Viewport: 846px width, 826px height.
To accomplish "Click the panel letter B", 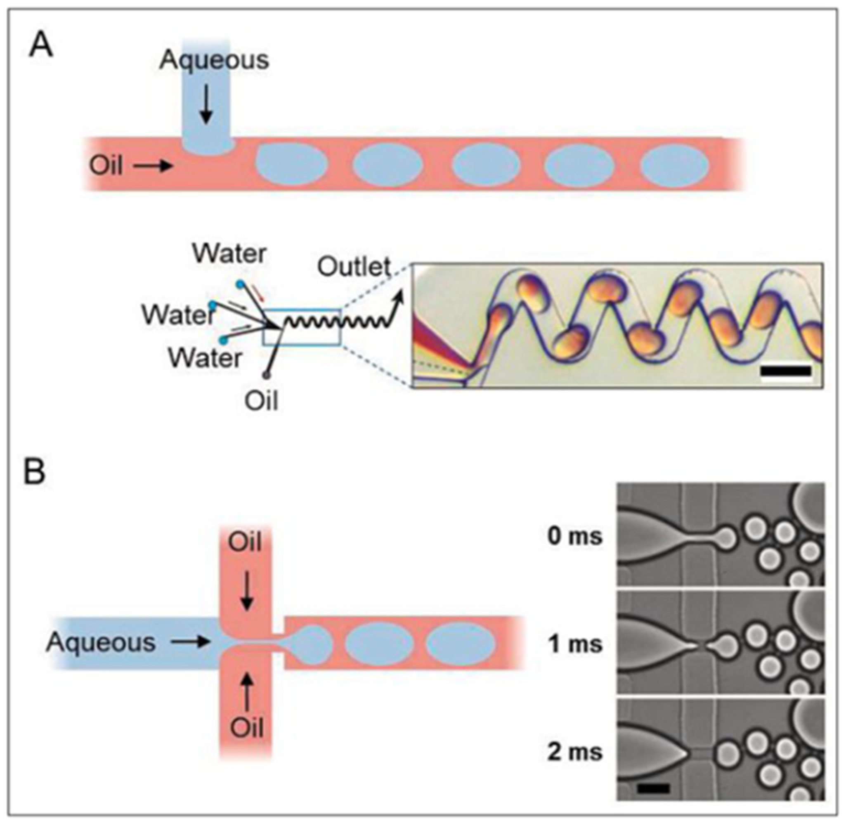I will (x=35, y=472).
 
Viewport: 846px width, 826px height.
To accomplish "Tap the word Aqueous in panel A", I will (x=214, y=60).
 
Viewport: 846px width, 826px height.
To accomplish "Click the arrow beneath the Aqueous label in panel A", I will (x=206, y=104).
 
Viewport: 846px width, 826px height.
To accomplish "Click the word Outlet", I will (x=354, y=267).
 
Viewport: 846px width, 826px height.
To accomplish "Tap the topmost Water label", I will (x=229, y=254).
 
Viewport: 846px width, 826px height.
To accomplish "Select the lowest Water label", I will (x=205, y=358).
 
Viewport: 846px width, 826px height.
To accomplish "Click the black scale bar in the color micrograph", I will (x=785, y=371).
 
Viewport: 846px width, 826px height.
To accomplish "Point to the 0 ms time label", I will (x=575, y=537).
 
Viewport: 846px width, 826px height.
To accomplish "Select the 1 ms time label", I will (x=575, y=644).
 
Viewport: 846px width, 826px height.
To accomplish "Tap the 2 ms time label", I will (x=575, y=752).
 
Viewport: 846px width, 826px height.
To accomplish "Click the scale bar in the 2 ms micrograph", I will (x=653, y=787).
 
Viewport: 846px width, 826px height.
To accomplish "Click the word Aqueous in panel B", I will (x=101, y=642).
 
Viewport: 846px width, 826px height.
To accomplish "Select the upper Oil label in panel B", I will (x=246, y=542).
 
